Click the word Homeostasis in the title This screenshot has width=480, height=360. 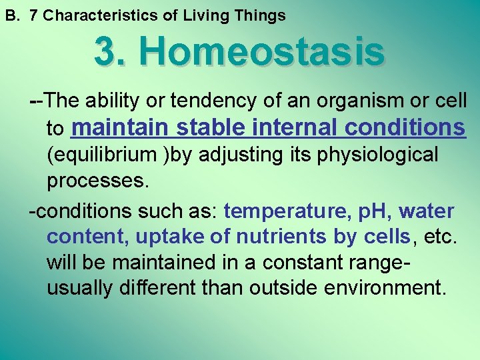click(261, 51)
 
